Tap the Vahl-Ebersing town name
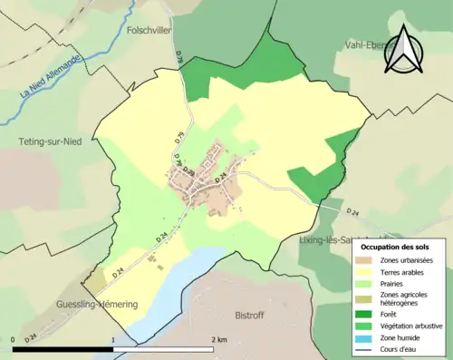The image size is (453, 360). click(x=371, y=44)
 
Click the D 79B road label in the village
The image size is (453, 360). click(x=189, y=171)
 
